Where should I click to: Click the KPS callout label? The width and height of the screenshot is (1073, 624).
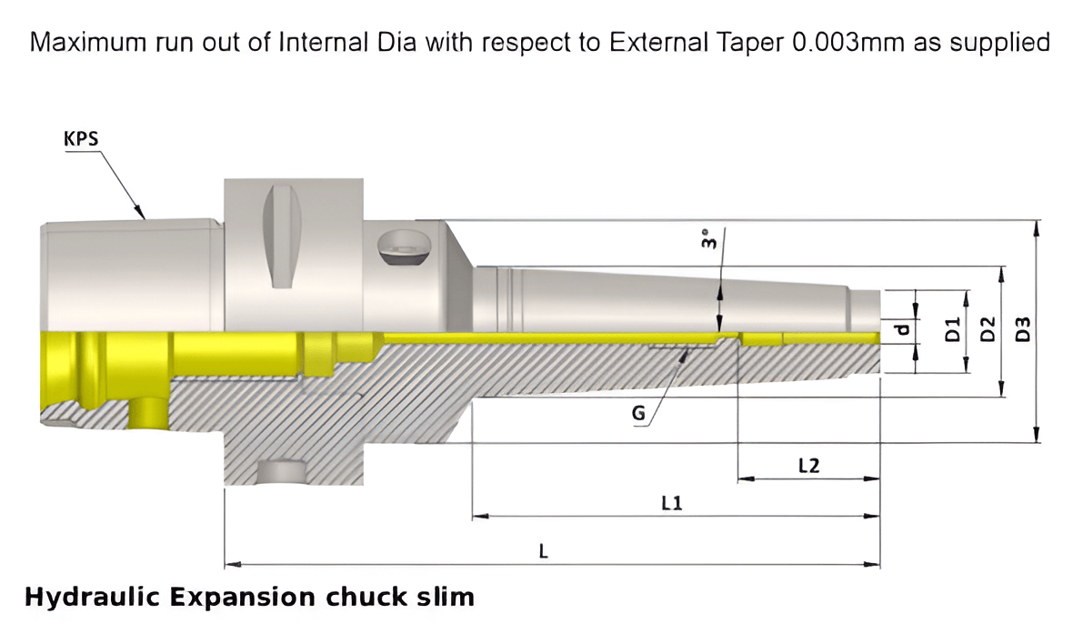81,138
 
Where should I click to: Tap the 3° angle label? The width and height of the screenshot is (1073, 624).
708,240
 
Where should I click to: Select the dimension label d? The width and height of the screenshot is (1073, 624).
902,330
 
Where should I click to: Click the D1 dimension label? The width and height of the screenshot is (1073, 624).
952,330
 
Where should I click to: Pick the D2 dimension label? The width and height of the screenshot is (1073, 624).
987,330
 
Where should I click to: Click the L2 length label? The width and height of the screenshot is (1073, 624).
807,466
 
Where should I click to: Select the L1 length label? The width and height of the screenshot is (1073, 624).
672,503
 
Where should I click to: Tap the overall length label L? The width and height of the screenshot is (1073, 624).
544,550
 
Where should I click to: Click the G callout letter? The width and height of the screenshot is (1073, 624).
638,415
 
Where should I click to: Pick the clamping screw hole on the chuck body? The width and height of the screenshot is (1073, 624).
401,247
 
